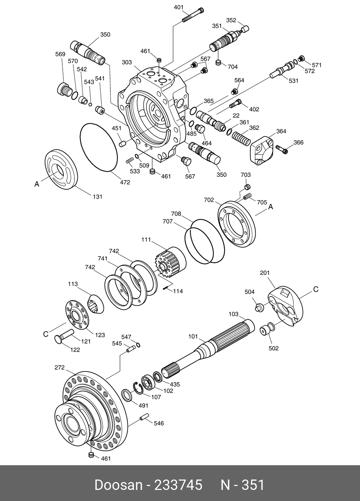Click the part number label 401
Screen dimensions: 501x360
point(178,7)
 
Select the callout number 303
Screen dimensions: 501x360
point(127,62)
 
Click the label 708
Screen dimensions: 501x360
point(176,214)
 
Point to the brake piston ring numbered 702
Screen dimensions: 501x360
point(236,224)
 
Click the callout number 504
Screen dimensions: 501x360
point(250,292)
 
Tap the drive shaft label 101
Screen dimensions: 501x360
point(193,336)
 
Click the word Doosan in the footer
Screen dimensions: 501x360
point(118,485)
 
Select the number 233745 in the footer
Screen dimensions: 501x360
point(178,485)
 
